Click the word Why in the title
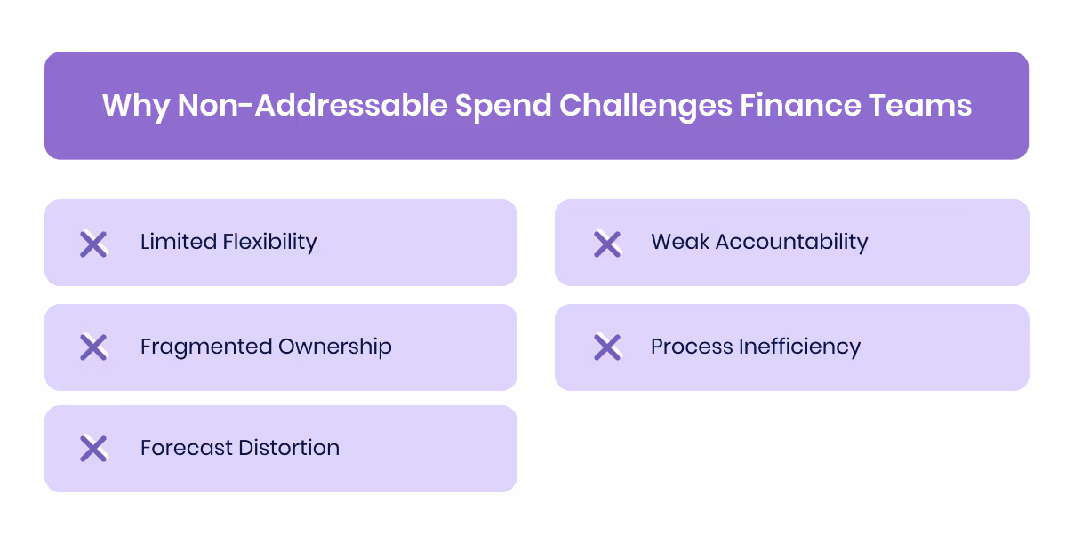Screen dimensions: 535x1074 point(136,106)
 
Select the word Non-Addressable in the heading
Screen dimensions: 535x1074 point(312,106)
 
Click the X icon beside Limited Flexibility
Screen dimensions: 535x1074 point(93,244)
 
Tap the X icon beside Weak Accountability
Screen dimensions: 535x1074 point(607,244)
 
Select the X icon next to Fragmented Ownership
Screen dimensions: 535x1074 point(93,347)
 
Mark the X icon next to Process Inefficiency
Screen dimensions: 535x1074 point(607,347)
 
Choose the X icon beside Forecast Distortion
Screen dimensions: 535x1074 point(93,449)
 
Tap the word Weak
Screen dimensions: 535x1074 point(679,242)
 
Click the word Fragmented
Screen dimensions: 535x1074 point(205,347)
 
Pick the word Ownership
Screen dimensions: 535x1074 point(335,347)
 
